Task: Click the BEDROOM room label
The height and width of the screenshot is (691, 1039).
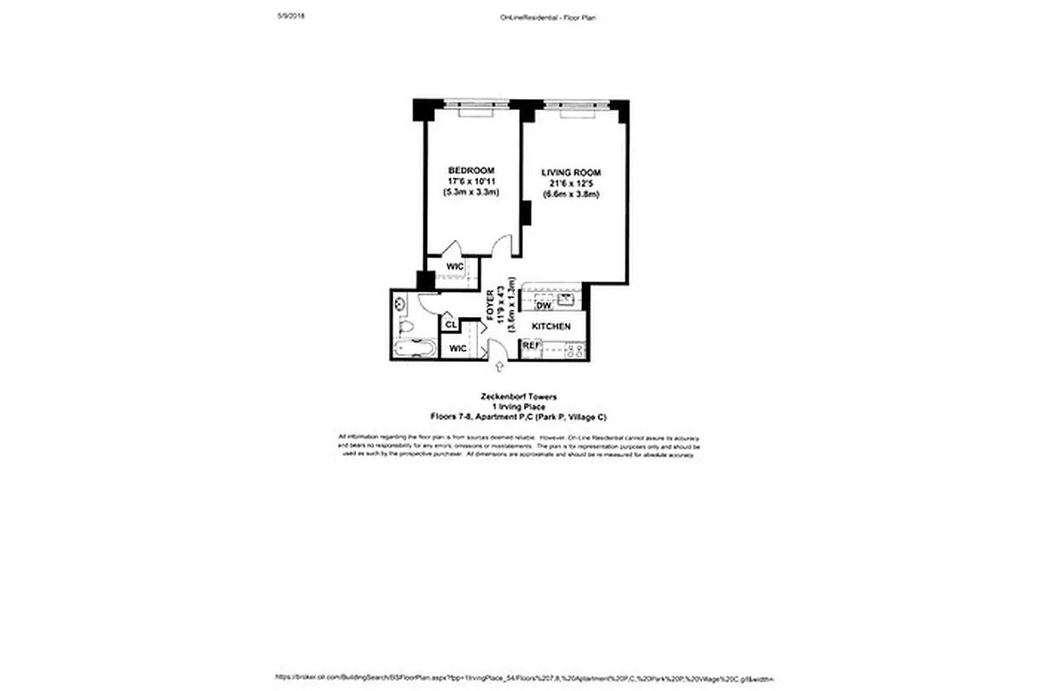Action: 471,170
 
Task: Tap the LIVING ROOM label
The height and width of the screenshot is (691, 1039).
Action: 571,173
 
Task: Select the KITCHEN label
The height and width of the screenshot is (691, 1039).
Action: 550,326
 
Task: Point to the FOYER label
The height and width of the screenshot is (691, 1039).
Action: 492,303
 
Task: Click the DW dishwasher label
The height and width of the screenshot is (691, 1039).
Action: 544,306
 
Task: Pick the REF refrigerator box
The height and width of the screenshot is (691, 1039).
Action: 532,346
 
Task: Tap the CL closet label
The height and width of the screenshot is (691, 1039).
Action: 450,325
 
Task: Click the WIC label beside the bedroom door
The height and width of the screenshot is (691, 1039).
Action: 455,267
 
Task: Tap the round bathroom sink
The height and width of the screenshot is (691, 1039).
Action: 401,303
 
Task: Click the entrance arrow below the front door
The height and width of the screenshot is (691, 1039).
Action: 492,368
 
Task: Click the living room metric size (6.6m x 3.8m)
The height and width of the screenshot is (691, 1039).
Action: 571,195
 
